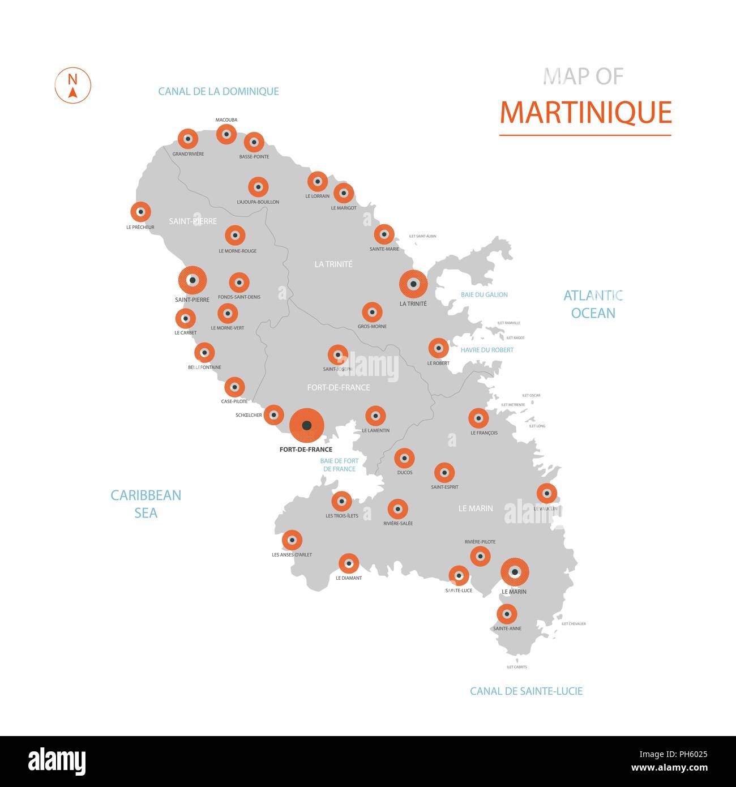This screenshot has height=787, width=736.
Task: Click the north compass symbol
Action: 72,85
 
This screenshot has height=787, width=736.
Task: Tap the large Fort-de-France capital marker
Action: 306,425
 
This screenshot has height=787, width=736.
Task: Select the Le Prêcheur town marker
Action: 140,212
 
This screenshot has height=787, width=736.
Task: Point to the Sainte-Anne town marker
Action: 507,614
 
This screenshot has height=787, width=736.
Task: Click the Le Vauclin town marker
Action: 546,493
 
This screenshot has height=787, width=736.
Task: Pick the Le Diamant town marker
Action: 348,563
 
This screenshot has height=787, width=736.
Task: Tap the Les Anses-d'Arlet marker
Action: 292,541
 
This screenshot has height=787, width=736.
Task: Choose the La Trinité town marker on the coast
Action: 413,284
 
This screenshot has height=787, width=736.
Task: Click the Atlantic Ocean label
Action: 593,304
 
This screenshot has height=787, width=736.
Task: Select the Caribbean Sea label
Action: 146,504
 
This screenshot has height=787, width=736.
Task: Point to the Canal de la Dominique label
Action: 219,91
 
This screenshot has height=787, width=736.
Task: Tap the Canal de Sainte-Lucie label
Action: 526,691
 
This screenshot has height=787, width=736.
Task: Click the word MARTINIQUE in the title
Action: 585,112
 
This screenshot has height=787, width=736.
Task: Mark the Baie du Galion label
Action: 484,294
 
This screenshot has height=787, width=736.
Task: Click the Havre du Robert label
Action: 487,350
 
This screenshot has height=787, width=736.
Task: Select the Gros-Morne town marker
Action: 372,312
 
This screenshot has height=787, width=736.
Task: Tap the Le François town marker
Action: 478,418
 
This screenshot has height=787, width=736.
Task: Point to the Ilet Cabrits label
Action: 516,667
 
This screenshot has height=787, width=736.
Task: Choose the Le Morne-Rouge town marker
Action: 235,235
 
